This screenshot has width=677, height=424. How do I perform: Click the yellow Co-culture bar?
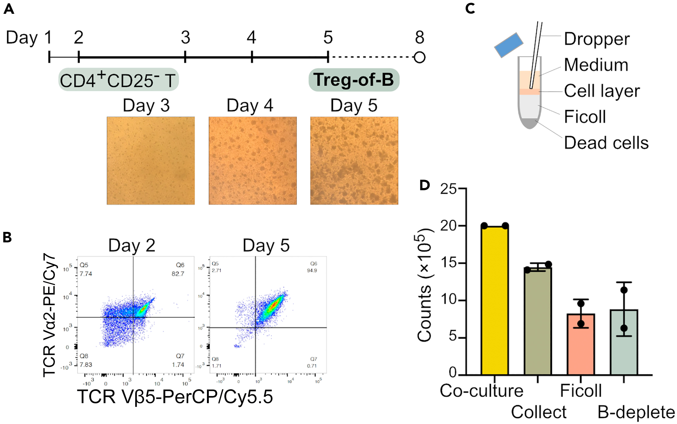point(495,301)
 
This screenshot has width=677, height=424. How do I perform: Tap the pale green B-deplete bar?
point(624,342)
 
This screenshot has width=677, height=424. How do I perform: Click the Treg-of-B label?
point(354,80)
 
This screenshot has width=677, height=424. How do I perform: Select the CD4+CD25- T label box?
point(118,80)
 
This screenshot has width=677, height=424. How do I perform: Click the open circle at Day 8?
point(419,57)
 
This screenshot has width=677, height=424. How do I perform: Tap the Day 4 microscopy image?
point(253,160)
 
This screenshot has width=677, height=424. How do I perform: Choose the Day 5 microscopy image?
point(354,160)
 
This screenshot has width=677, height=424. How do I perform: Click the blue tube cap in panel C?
point(508,45)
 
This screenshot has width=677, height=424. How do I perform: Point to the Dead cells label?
point(606,143)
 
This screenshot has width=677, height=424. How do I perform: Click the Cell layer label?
point(602,91)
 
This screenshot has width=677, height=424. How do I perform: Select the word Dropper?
point(597,39)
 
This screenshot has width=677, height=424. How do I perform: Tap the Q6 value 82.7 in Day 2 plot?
point(178,274)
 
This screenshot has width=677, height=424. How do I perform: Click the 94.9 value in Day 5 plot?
point(312,271)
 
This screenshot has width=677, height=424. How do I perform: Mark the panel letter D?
point(425,185)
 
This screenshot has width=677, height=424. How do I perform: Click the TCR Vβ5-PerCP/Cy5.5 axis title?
point(175,396)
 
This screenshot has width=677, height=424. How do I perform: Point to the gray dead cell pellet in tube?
point(530,123)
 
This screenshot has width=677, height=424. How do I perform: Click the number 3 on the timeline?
point(185,37)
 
